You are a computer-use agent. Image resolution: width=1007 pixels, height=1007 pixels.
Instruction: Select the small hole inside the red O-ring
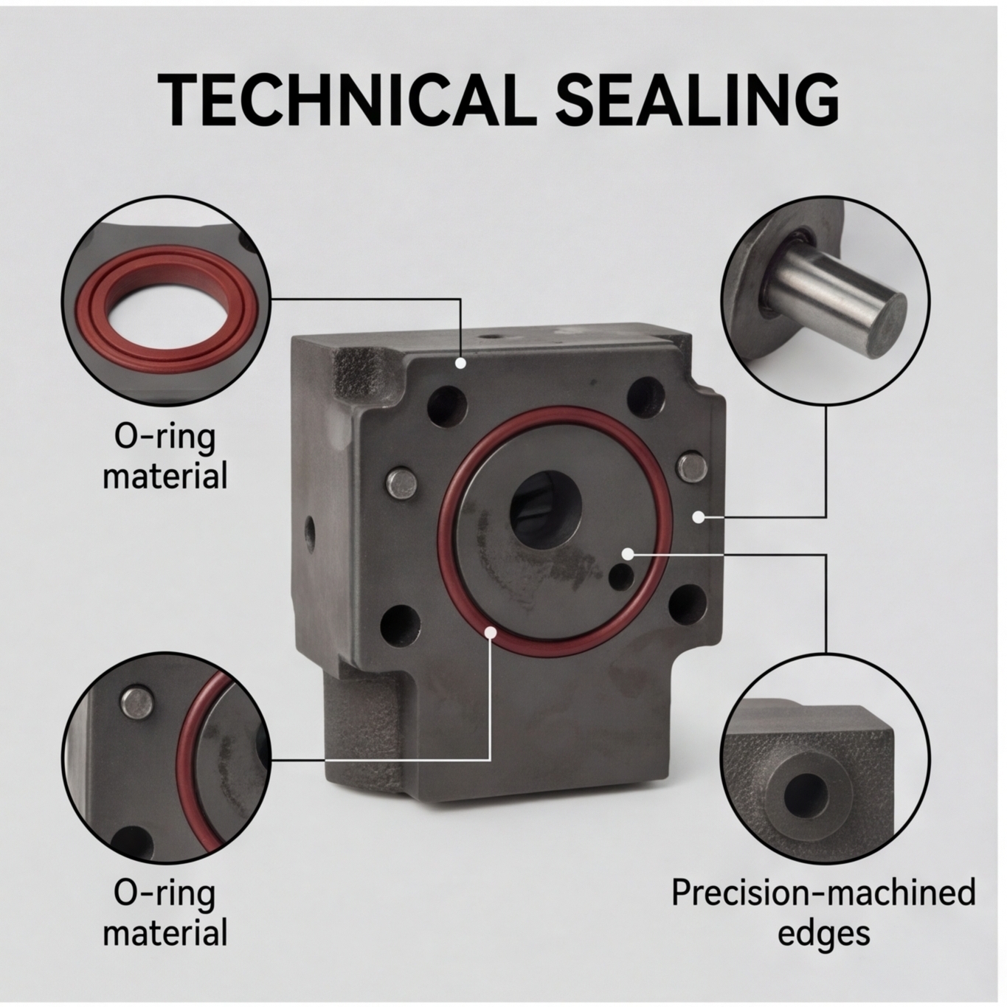tap(621, 576)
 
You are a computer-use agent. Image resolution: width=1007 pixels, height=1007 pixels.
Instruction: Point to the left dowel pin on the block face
tap(401, 482)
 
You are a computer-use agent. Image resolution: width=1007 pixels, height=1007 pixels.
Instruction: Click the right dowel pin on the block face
tap(694, 467)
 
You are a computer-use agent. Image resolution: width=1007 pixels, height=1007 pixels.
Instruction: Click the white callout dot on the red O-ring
tap(490, 633)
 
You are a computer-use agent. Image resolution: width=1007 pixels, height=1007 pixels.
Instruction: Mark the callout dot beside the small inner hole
tap(628, 553)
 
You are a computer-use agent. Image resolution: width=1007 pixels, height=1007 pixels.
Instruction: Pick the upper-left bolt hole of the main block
tap(447, 406)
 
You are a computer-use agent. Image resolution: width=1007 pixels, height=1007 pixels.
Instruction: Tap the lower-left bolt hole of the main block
tap(401, 625)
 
